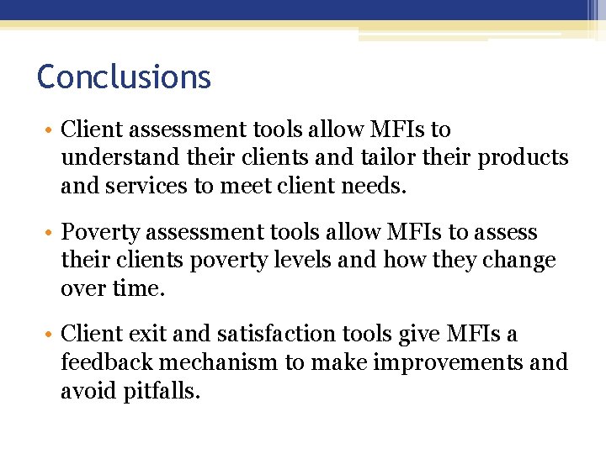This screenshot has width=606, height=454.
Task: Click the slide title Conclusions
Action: point(124,77)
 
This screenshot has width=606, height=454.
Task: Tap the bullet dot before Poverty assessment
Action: point(50,234)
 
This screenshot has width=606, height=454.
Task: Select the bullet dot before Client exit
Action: point(50,336)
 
